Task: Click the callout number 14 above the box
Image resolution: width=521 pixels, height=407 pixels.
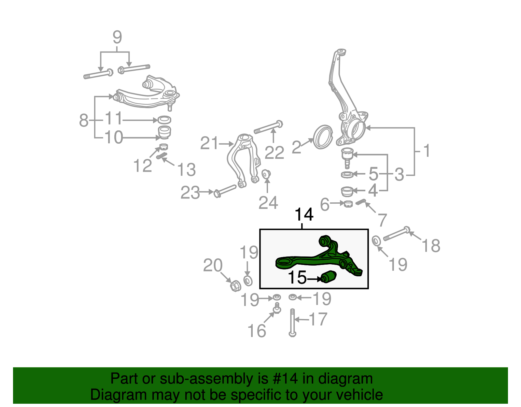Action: tap(304, 215)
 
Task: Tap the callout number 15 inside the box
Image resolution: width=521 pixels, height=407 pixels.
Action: tap(297, 278)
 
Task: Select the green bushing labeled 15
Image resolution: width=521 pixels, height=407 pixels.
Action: tap(329, 277)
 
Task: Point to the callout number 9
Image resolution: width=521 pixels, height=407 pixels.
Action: tap(117, 37)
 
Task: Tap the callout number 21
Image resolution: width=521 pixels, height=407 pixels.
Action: tap(209, 143)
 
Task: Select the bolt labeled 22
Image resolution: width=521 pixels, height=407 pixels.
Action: tap(268, 127)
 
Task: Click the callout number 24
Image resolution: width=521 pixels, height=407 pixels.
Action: tap(268, 203)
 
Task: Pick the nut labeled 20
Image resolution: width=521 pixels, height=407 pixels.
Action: tap(235, 286)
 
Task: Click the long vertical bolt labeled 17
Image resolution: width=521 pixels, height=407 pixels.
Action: tap(292, 323)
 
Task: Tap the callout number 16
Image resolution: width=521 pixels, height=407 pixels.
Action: tap(257, 331)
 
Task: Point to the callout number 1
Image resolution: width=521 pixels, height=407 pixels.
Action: tap(426, 151)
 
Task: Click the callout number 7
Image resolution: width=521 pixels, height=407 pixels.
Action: tap(382, 220)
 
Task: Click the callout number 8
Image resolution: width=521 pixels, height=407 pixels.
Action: tap(84, 120)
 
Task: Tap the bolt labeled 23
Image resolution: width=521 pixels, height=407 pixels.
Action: tap(225, 190)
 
